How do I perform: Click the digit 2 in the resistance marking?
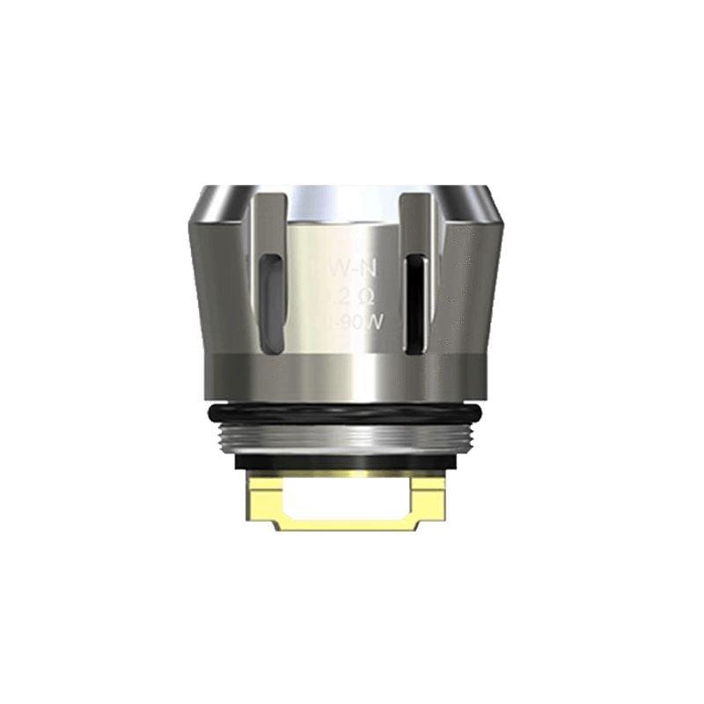tap(335, 291)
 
